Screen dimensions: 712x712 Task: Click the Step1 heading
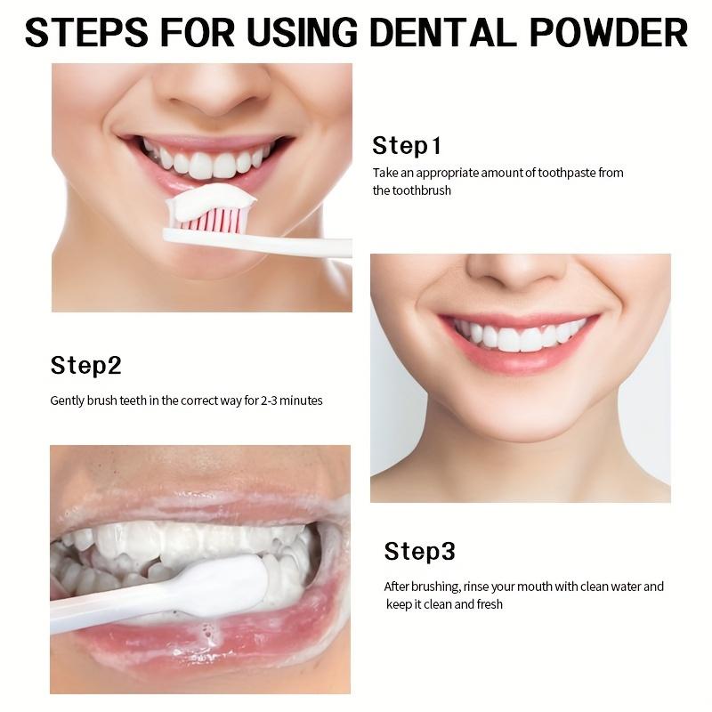coord(407,146)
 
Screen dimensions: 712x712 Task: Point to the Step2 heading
coord(85,366)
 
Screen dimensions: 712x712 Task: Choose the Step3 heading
coord(419,552)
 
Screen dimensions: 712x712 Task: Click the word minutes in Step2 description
coord(304,400)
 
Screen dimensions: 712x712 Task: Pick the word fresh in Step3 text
coord(486,604)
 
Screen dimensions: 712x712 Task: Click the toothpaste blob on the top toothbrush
coord(211,205)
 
